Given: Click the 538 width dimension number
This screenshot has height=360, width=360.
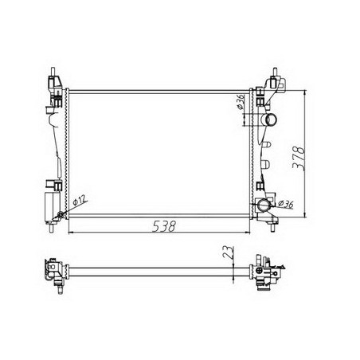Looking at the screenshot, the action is [164, 226].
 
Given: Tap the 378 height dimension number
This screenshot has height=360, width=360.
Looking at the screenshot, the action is [299, 158].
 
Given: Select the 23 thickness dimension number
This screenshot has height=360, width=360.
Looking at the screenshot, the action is [229, 252].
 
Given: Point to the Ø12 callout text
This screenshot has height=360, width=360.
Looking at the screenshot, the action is [80, 200].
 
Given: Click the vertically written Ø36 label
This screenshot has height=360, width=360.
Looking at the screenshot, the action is [241, 102].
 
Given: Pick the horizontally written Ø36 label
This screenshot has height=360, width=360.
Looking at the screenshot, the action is [286, 204].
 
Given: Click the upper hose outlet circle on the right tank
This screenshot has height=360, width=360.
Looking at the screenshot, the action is [272, 119].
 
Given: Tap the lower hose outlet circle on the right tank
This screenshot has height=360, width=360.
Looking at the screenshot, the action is [264, 205].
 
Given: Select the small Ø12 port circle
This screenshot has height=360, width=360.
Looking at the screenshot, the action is [61, 214].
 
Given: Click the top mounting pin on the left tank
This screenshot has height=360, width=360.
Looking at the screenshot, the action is [53, 72].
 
